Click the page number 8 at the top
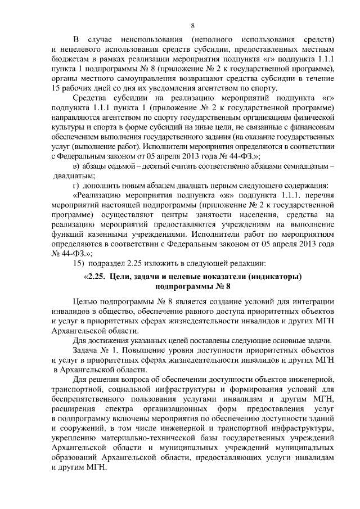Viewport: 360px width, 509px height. [193, 26]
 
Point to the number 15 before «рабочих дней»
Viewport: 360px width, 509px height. [55, 89]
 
